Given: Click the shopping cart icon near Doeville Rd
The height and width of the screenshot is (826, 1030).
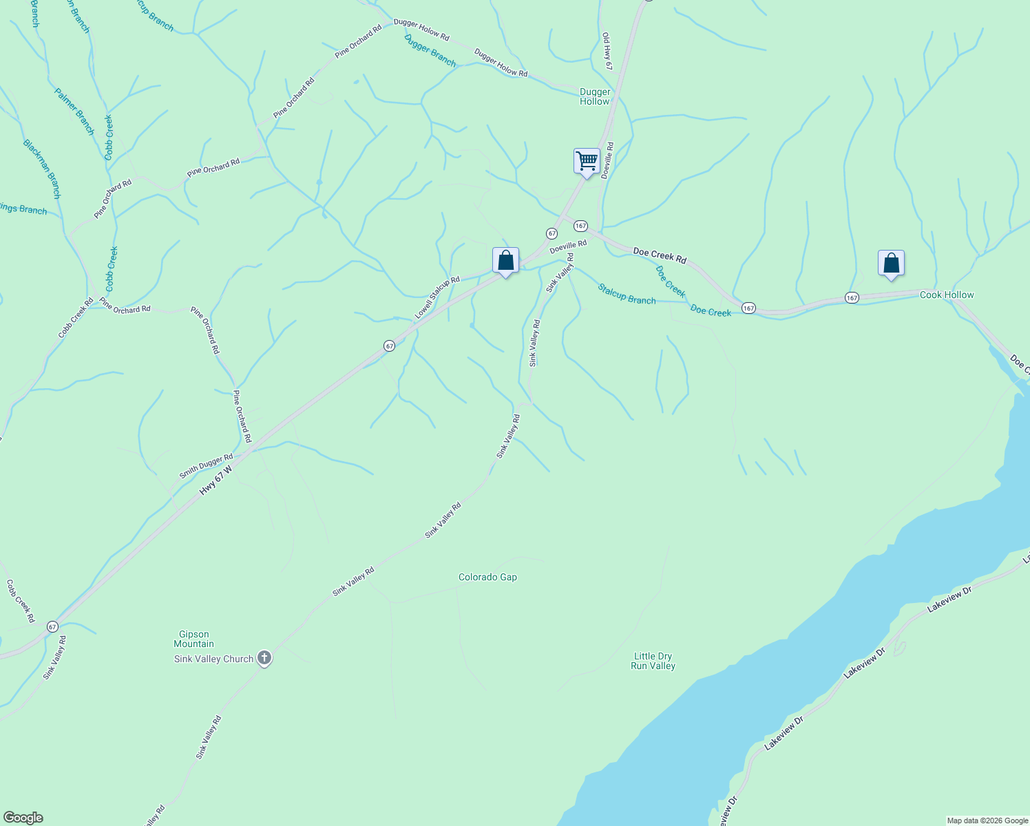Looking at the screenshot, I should click(587, 162).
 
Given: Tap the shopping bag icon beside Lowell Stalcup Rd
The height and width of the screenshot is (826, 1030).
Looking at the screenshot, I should click(505, 261).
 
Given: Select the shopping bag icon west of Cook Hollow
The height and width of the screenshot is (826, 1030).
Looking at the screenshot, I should click(891, 264).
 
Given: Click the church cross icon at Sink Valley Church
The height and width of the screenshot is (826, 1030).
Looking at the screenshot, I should click(264, 659).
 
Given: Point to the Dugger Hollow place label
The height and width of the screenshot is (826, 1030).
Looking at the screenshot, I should click(595, 96).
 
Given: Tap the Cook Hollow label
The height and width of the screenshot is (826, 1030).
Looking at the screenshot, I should click(947, 295).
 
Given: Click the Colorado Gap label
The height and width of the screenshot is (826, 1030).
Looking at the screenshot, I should click(487, 577).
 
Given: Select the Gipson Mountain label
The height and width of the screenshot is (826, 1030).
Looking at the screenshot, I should click(193, 639).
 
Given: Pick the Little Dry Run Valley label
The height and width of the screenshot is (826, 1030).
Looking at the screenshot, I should click(653, 661).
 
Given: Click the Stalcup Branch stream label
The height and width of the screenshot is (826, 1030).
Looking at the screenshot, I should click(627, 294).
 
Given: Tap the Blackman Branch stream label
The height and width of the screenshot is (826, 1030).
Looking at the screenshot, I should click(42, 169).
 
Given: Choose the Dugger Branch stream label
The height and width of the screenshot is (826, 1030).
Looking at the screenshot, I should click(430, 51).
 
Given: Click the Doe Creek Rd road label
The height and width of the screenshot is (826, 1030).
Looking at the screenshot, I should click(660, 256).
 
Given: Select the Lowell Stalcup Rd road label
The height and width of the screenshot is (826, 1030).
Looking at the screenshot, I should click(437, 297).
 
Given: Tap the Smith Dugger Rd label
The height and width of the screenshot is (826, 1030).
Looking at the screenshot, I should click(206, 466).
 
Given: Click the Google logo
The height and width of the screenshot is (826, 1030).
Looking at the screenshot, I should click(23, 818).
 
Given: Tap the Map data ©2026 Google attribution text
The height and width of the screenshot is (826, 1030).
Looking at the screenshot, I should click(987, 820).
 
